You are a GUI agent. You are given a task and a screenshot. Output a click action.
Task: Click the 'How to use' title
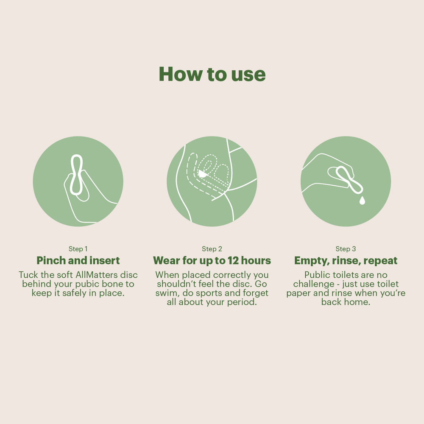pos(212,74)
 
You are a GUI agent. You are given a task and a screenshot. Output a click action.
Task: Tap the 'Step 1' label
pos(78,249)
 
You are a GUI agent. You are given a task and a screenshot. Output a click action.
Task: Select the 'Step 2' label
pos(212,249)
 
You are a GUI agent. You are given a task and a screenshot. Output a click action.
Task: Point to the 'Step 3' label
pos(346,249)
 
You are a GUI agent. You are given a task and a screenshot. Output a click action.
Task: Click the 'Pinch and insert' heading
pos(78,260)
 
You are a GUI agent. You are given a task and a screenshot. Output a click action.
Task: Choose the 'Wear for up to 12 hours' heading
pos(212,260)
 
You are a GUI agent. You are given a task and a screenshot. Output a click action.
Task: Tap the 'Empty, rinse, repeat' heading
pos(346,260)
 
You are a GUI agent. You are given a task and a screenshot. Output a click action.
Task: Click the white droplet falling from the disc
pos(362,200)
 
